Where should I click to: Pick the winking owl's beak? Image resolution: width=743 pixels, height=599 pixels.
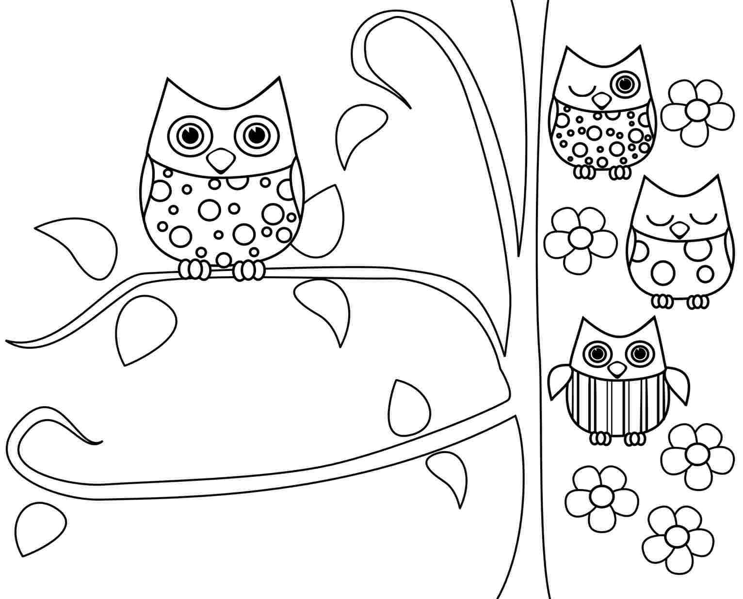point(602,100)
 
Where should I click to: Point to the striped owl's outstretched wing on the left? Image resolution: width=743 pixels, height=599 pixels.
point(559,381)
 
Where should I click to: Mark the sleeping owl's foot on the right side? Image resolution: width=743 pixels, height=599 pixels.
point(698,301)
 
